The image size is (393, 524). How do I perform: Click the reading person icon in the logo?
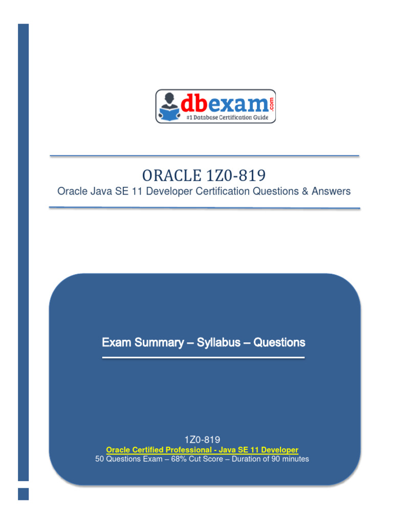[169, 106]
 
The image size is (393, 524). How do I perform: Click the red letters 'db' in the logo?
[194, 103]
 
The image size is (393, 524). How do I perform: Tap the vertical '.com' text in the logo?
[271, 104]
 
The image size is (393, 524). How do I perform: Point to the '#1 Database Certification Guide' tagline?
[227, 117]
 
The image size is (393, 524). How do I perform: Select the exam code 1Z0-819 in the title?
[236, 176]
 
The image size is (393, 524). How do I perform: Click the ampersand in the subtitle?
[305, 191]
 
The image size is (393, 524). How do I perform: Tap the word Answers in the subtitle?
[331, 191]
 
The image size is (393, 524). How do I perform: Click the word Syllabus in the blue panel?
[219, 342]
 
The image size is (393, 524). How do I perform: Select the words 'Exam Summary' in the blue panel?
[143, 342]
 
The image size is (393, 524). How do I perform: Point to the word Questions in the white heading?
[279, 342]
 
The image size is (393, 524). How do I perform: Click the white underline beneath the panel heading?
[203, 358]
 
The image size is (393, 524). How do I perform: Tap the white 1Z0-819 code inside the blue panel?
[202, 440]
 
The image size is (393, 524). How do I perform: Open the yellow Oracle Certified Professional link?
[202, 450]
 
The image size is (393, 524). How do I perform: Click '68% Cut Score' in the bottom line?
[197, 459]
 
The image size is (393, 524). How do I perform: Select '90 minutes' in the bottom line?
[290, 459]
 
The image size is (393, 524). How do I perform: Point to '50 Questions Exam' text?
[128, 459]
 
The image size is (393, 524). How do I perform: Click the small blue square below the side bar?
[23, 494]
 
